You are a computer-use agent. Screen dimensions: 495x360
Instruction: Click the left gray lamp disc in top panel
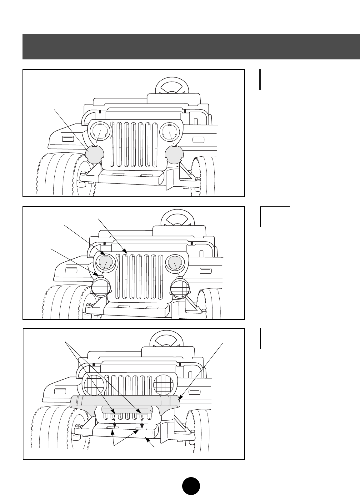pos(95,154)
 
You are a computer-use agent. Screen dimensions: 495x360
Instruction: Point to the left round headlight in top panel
pos(99,132)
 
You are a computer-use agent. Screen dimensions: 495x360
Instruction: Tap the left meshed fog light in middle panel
pos(101,287)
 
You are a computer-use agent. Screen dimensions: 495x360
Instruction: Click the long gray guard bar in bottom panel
pos(125,401)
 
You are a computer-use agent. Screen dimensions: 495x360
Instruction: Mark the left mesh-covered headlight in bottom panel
pos(93,385)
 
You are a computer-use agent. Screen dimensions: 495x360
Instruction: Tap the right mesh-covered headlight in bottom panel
pos(163,385)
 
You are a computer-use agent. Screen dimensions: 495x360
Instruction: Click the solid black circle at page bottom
pos(191,486)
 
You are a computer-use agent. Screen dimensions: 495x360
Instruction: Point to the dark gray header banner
pos(191,46)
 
